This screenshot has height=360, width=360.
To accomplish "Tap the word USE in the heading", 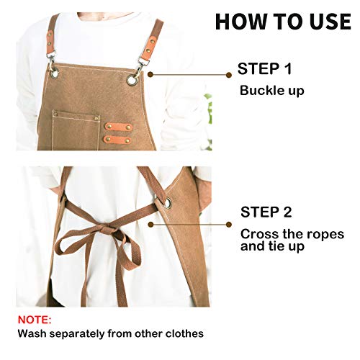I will (326, 22).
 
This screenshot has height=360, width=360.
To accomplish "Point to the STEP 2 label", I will (266, 213).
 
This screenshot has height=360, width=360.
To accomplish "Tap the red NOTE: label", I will (35, 319).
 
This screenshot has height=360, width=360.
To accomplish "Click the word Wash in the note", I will (33, 333).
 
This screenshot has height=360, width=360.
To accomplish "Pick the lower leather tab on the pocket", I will (117, 138).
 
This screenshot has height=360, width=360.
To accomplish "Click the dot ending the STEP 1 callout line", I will (229, 73).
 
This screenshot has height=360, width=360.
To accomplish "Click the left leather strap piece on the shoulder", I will (53, 36).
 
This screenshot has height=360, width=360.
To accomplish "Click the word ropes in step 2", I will (321, 234).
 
